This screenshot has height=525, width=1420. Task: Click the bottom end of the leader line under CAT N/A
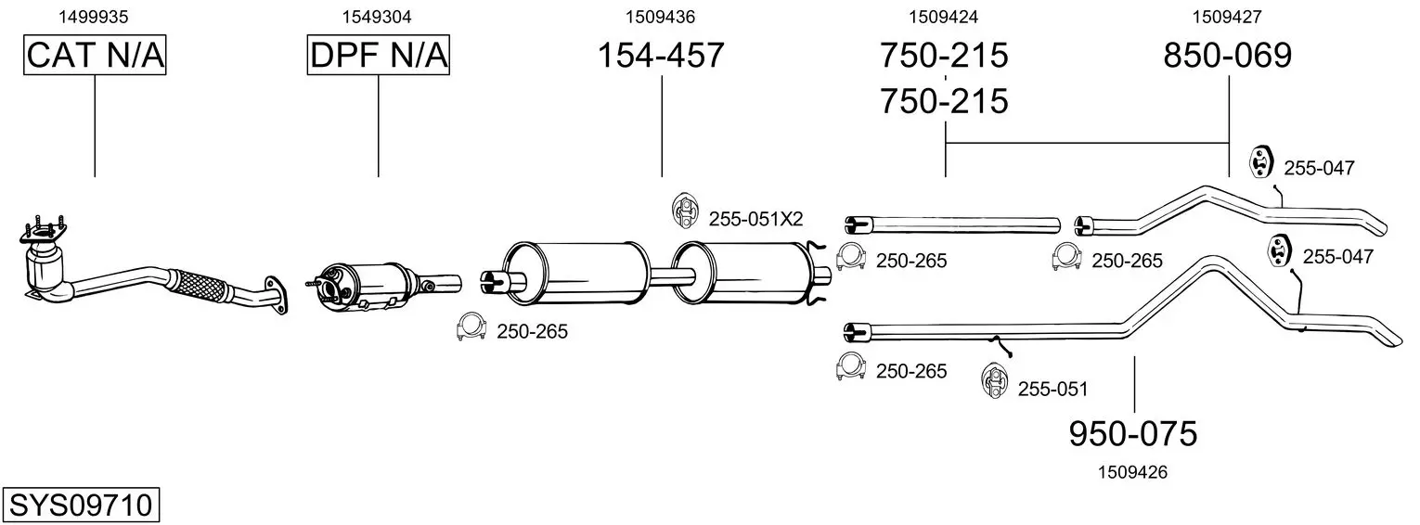click(x=95, y=176)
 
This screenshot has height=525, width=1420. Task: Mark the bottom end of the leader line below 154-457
click(x=662, y=176)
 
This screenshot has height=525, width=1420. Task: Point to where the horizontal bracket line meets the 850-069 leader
click(x=1229, y=143)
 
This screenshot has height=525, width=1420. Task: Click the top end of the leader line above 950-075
click(x=1134, y=356)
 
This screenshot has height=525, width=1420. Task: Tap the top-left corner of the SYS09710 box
click(x=3, y=488)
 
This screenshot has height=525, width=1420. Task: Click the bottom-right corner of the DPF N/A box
click(x=449, y=75)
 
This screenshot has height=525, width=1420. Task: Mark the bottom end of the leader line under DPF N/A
click(x=379, y=176)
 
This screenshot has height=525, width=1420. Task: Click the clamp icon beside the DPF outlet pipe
click(x=471, y=327)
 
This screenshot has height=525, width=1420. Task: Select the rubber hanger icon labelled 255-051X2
click(x=683, y=210)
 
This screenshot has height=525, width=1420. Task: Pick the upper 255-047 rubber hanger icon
click(x=1261, y=163)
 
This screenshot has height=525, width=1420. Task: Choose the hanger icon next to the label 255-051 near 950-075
click(x=993, y=380)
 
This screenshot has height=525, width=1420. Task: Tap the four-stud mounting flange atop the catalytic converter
click(x=43, y=232)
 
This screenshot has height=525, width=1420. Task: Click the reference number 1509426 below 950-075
click(x=1132, y=472)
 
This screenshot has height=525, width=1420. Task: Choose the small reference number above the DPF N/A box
click(x=377, y=17)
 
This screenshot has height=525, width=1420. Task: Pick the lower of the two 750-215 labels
click(x=944, y=101)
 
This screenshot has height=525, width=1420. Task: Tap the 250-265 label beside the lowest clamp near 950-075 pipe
click(x=911, y=371)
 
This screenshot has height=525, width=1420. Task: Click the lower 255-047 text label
click(x=1337, y=257)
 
